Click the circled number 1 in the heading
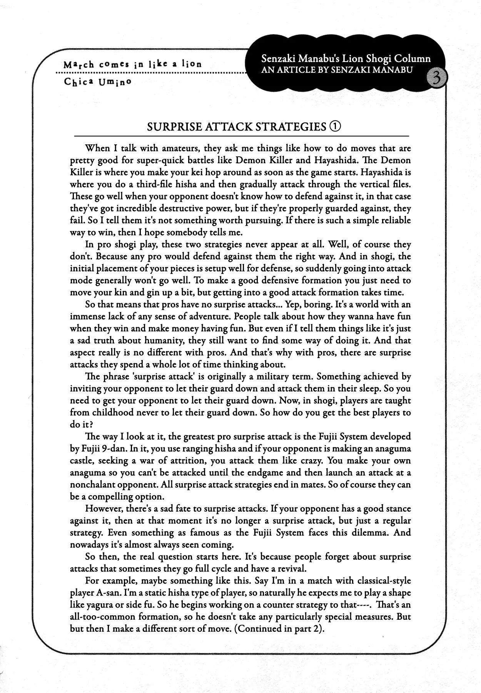(x=335, y=126)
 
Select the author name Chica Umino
(x=98, y=82)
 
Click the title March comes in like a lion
(x=132, y=64)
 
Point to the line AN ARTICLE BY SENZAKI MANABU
(x=337, y=70)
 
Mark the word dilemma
(x=372, y=532)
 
